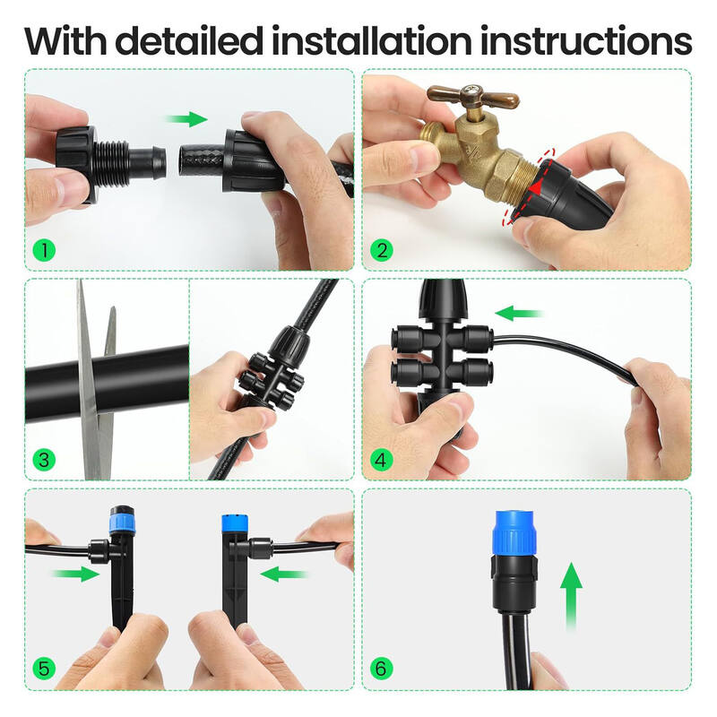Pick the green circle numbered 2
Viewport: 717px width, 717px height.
[382, 250]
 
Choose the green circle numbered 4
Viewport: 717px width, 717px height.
[382, 461]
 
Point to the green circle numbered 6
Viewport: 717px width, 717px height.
[382, 669]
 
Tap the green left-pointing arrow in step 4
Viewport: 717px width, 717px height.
[520, 314]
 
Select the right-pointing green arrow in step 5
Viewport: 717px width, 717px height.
[76, 574]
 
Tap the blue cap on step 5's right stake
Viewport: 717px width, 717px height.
[233, 524]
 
